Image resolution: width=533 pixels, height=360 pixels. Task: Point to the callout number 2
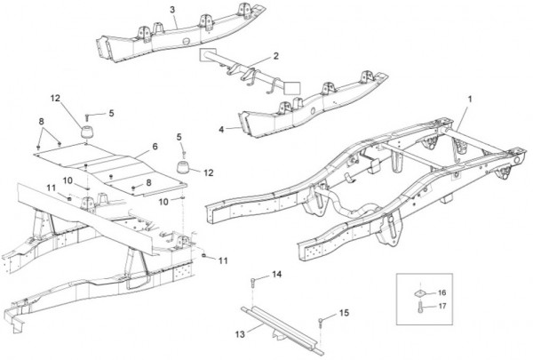click(x=276, y=56)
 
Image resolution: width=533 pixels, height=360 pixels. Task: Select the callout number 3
click(x=172, y=9)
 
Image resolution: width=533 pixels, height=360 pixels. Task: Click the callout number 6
click(x=154, y=146)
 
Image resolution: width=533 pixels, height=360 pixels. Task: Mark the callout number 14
click(x=276, y=275)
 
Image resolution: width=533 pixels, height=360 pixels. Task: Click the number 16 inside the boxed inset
click(x=442, y=291)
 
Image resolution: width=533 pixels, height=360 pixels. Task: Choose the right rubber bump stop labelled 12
click(x=183, y=169)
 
